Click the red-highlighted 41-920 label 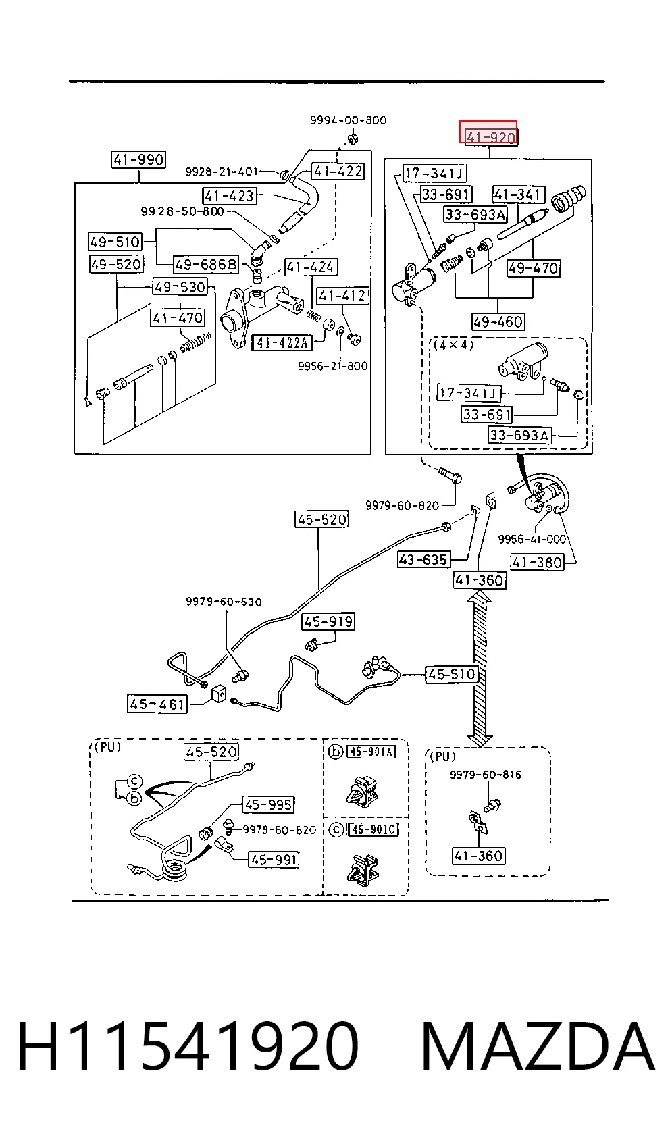click(x=488, y=132)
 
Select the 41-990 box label click(x=138, y=159)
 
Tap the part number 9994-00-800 click(x=348, y=120)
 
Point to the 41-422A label click(x=282, y=343)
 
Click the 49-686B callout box click(x=205, y=264)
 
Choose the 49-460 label click(x=497, y=321)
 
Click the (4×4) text click(x=453, y=345)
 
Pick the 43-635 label click(x=423, y=559)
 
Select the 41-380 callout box click(x=537, y=562)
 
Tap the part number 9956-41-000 click(x=532, y=539)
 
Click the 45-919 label click(x=328, y=621)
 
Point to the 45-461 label click(x=157, y=704)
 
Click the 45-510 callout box click(x=451, y=674)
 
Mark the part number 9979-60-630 click(x=224, y=602)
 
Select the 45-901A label click(x=371, y=752)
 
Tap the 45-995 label click(x=268, y=804)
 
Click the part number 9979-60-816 click(x=486, y=775)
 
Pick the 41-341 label click(x=518, y=195)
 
